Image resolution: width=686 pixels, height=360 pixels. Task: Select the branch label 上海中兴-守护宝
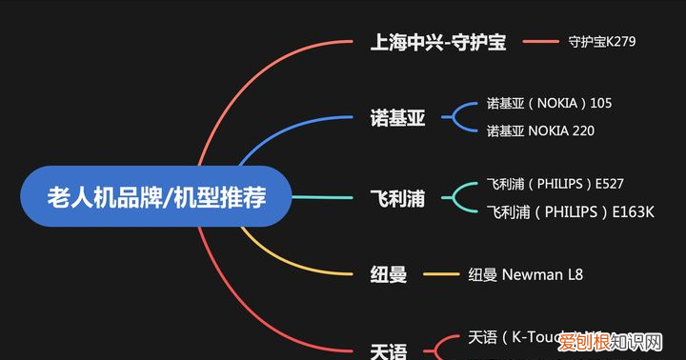[438, 42]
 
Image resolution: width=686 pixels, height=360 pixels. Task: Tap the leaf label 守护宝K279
[601, 42]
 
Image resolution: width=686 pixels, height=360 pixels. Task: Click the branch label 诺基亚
[397, 118]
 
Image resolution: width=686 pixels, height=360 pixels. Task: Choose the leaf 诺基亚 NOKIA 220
[540, 130]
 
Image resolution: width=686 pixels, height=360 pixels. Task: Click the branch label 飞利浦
[397, 198]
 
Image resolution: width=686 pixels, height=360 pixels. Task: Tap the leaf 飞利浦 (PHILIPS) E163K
[570, 211]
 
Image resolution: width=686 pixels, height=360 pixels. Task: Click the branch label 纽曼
[388, 275]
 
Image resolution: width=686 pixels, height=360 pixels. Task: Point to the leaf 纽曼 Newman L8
[525, 275]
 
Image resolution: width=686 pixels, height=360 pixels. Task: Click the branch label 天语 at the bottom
[388, 350]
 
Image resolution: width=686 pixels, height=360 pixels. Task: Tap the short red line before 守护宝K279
[540, 42]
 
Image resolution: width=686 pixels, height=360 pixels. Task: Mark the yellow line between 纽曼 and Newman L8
[440, 275]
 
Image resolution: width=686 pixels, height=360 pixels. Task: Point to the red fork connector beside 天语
[443, 347]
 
